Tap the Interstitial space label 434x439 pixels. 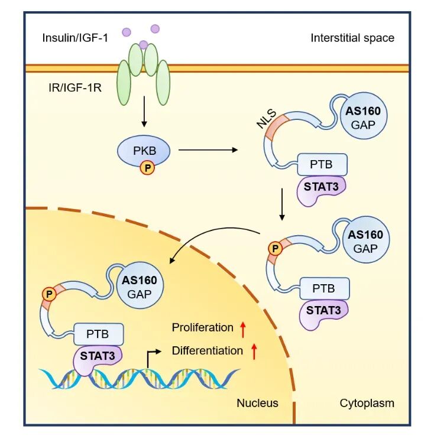pos(352,38)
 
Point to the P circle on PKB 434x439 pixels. pos(147,168)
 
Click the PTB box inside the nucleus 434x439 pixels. pos(99,334)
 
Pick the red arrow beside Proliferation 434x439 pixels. pos(242,327)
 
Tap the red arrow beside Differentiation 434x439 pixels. pos(254,351)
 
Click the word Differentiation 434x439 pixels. pos(207,351)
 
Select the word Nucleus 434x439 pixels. pos(257,404)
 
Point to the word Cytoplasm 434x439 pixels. pos(367,404)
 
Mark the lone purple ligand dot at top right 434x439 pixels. pos(155,28)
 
